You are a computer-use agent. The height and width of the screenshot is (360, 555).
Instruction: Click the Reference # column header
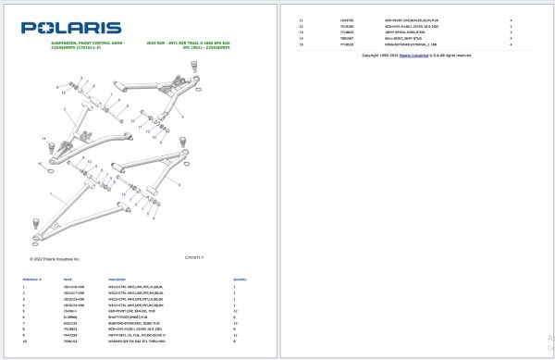34,279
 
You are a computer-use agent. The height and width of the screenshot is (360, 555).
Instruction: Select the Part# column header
68,279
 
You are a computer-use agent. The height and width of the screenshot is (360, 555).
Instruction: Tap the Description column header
117,279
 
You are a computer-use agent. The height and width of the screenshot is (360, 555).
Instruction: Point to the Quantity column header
240,279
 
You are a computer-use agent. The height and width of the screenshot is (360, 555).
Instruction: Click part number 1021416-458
73,288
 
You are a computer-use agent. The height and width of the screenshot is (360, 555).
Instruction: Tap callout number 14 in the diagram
43,137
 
